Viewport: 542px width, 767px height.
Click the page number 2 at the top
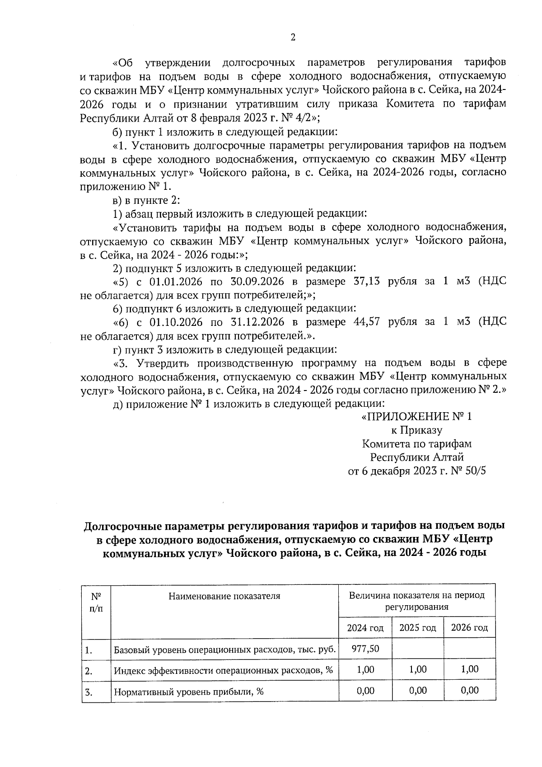pyautogui.click(x=293, y=38)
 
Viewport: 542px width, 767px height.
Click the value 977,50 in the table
pyautogui.click(x=365, y=649)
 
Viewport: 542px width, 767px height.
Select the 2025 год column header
pyautogui.click(x=417, y=628)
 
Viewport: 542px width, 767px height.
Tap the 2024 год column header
pyautogui.click(x=365, y=628)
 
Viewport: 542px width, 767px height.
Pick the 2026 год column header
pyautogui.click(x=469, y=628)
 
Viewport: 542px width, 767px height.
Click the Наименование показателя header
pyautogui.click(x=224, y=596)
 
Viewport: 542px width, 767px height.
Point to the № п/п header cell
pyautogui.click(x=96, y=602)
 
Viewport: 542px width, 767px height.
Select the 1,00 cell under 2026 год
pyautogui.click(x=469, y=669)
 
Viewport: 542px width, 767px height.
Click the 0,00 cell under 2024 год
pyautogui.click(x=365, y=690)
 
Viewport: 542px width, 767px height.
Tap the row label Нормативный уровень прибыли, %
pyautogui.click(x=188, y=692)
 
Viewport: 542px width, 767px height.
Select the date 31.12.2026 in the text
pyautogui.click(x=257, y=322)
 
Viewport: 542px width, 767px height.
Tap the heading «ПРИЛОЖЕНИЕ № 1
pyautogui.click(x=416, y=417)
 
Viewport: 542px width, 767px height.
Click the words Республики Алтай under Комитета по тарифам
pyautogui.click(x=416, y=457)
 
